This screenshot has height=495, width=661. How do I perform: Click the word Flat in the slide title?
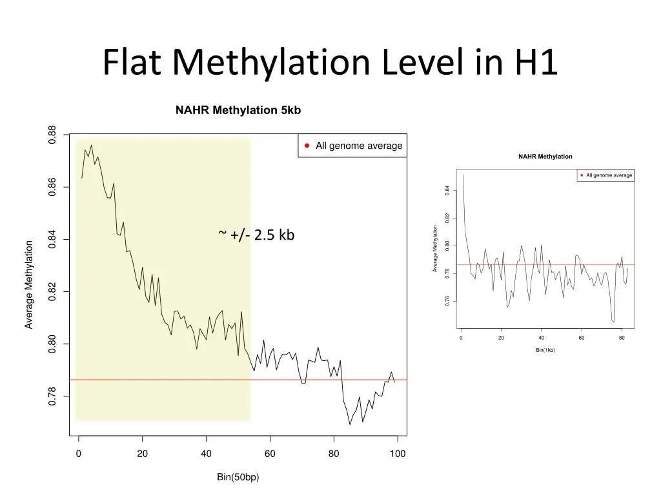133,63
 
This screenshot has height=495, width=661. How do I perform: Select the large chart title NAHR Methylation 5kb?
238,110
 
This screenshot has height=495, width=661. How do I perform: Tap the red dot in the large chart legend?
307,146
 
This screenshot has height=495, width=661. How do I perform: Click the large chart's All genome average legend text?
359,146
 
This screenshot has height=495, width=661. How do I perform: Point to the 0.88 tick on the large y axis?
53,135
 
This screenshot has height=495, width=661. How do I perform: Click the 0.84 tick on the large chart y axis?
53,240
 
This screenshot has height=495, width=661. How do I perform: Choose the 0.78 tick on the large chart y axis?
53,396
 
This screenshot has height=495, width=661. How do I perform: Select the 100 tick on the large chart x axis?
398,454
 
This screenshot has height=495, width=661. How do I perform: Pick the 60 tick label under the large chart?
270,454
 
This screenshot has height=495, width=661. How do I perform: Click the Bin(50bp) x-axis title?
238,478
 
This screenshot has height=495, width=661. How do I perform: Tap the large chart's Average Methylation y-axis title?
29,284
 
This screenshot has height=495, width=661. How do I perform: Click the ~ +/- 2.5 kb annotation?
257,235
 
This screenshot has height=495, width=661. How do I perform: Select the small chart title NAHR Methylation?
545,157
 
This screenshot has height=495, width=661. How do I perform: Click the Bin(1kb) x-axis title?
545,350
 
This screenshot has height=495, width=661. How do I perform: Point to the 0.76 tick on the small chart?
447,301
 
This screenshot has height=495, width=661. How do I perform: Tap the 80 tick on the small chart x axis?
622,338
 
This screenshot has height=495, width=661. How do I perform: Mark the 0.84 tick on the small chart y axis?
447,190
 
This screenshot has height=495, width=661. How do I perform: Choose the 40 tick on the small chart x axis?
541,338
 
